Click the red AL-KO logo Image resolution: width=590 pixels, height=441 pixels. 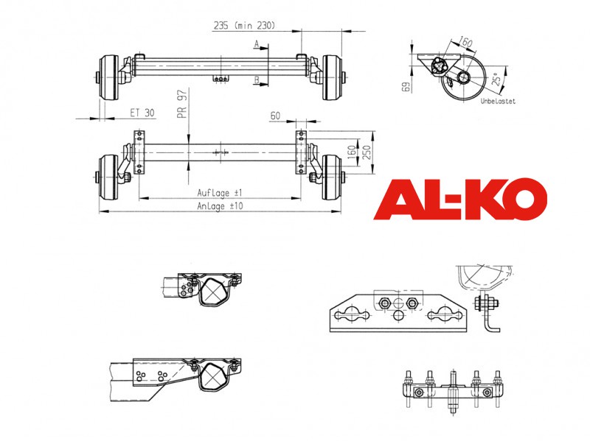[460, 199]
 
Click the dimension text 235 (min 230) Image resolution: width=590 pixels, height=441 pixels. [245, 26]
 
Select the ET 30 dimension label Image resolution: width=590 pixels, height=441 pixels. [142, 113]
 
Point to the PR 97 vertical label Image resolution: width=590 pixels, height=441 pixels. [182, 104]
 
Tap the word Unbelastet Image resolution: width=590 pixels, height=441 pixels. [498, 101]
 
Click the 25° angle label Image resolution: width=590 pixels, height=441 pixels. [497, 79]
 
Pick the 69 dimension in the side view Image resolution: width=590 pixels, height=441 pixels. [406, 87]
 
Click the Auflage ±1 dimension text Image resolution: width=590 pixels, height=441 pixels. [220, 193]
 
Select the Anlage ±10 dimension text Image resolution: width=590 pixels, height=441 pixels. [220, 206]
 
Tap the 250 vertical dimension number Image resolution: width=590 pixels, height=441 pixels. [367, 152]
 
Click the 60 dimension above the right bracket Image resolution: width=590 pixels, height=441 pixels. [275, 116]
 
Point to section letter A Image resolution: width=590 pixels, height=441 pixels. [257, 44]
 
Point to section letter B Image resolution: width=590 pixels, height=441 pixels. [257, 80]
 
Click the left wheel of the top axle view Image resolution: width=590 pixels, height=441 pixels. [108, 78]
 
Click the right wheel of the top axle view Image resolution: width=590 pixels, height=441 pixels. [332, 78]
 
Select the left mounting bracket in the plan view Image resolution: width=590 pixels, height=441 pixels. [139, 152]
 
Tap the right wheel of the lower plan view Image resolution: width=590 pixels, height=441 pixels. [331, 177]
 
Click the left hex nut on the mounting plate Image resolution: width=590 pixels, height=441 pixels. [385, 303]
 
